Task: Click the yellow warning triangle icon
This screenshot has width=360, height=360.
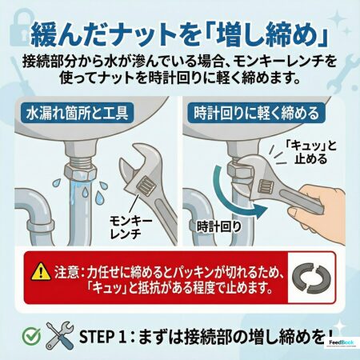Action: [41, 272]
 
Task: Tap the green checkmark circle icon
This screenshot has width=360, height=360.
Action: [32, 336]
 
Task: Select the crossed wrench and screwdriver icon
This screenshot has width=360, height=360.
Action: [60, 336]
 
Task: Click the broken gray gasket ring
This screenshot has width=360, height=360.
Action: [311, 278]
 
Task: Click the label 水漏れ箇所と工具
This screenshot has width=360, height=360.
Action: [78, 113]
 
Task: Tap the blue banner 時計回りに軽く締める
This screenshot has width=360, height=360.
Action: [256, 113]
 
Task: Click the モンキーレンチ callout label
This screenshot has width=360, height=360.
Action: [130, 227]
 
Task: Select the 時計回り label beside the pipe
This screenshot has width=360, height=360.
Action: [219, 227]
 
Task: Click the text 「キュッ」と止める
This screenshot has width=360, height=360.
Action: [310, 152]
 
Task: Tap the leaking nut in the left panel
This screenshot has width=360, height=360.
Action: [79, 172]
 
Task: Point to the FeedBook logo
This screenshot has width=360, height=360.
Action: [342, 342]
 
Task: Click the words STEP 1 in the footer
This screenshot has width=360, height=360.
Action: [102, 337]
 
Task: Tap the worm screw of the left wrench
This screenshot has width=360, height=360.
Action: [146, 185]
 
